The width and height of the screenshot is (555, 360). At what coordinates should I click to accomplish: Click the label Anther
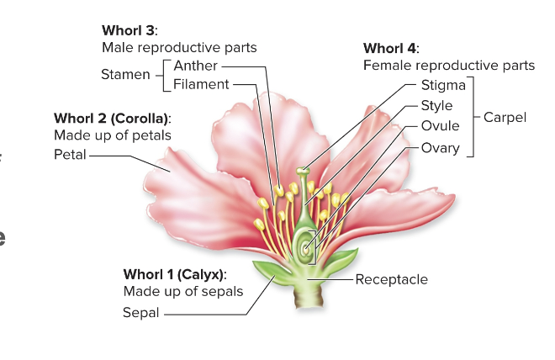(195, 66)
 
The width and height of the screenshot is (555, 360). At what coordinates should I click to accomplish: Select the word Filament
(201, 84)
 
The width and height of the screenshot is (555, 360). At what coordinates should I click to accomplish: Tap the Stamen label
(125, 75)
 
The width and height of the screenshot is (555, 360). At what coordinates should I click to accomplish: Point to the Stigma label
(442, 86)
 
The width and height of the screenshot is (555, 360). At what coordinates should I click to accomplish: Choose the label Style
(436, 106)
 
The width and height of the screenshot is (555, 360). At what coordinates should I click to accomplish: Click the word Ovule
(440, 126)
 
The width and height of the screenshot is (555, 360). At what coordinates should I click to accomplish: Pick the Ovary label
(440, 148)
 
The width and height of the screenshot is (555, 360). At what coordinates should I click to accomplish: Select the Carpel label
(505, 118)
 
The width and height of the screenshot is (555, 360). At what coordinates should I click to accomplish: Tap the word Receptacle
(391, 279)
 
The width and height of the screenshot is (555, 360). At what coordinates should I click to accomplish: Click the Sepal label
(141, 313)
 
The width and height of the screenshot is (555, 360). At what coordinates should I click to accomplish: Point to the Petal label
(70, 155)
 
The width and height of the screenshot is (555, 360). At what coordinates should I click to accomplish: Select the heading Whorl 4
(391, 48)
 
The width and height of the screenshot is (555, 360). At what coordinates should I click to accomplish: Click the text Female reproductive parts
(448, 66)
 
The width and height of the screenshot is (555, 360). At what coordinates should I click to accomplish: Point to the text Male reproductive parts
(179, 48)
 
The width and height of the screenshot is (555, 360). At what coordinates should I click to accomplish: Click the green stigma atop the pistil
(302, 172)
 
